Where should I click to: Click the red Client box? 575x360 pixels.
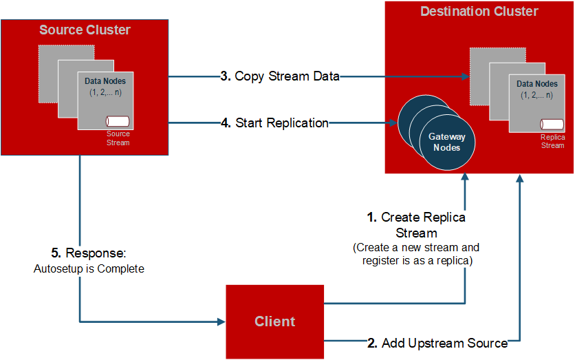click(x=274, y=321)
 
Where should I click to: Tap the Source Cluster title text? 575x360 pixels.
click(x=85, y=30)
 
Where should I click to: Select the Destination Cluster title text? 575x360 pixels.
click(x=479, y=12)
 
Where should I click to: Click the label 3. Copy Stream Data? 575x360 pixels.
click(x=280, y=76)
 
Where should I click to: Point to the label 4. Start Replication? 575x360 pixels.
click(x=274, y=123)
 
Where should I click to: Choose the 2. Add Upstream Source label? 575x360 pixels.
click(x=437, y=343)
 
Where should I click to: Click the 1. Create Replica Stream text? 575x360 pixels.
click(x=416, y=224)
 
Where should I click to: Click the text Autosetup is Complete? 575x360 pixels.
click(x=89, y=268)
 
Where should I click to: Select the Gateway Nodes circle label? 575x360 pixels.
click(x=447, y=142)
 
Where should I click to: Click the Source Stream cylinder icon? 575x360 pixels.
click(x=124, y=120)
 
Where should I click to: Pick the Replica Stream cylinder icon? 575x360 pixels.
click(x=552, y=124)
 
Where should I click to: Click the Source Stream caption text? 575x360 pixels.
click(x=118, y=138)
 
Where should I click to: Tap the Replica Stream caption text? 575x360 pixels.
click(x=552, y=141)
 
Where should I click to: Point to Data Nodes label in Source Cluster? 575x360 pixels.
click(x=105, y=81)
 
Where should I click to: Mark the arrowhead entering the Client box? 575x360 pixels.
click(x=221, y=321)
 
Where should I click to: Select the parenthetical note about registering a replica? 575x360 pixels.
click(x=415, y=254)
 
